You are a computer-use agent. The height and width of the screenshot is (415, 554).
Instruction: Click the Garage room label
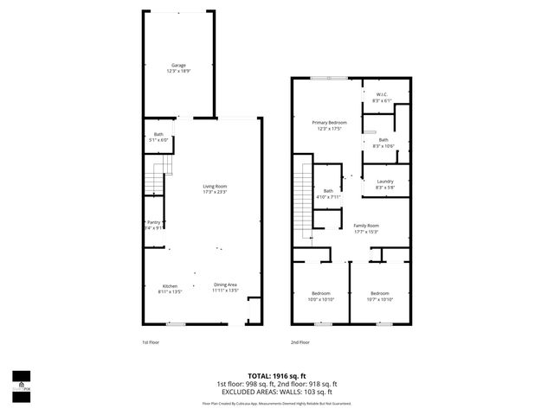pos(178,65)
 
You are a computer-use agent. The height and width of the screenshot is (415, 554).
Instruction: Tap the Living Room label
pos(215,186)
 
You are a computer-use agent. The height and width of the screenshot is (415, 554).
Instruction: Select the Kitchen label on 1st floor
pos(170,285)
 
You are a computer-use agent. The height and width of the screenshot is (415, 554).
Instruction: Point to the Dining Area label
pos(225,285)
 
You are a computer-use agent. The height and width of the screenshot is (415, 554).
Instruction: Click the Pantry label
pos(153,222)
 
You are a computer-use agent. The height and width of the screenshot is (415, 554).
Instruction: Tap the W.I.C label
pos(381,96)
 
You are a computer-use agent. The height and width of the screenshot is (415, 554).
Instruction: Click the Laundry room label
pos(384,181)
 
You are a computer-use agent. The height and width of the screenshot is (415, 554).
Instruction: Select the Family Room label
pos(366,226)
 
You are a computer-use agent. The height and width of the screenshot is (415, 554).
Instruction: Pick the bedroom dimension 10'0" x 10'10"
pos(321,299)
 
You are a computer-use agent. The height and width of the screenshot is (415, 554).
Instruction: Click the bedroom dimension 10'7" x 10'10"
pos(381,299)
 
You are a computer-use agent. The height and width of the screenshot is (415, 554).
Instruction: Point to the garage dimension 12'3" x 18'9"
pos(178,71)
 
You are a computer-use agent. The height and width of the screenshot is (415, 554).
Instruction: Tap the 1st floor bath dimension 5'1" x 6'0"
pos(158,140)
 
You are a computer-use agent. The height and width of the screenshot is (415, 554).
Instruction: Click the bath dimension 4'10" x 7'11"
pos(328,197)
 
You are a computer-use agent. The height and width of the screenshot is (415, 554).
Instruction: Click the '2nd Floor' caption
pos(300,342)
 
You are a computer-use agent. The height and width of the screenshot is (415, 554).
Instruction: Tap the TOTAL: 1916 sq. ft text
pos(276,376)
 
